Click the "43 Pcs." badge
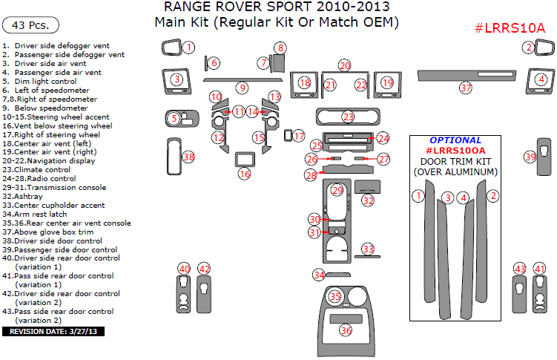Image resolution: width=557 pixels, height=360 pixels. pos(31,25)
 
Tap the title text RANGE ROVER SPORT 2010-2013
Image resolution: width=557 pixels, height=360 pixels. pos(276,8)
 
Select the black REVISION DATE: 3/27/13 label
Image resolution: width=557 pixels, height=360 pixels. pos(53,331)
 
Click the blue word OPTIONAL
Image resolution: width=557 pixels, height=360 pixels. pos(455,140)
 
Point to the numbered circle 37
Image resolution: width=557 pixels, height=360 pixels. pos(465,88)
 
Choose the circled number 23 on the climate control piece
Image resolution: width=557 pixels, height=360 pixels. pos(348,117)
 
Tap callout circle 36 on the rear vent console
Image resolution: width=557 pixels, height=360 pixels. pos(346,330)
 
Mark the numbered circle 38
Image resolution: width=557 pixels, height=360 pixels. pos(188,157)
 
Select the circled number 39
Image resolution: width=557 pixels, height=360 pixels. pos(530,157)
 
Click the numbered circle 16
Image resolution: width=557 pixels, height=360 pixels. pos(244,174)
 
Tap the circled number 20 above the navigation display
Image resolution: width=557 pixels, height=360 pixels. pos(344,66)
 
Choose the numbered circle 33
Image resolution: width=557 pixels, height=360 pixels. pos(368,249)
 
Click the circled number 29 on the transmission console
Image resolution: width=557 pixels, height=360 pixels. pos(337,191)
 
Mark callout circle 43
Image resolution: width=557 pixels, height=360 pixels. pos(520,269)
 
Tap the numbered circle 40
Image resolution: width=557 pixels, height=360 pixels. pos(184,269)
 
